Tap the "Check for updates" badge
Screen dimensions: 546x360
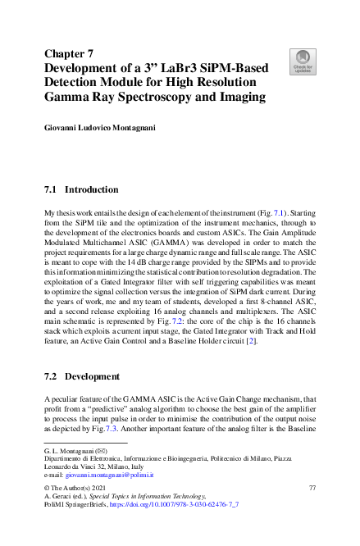(302, 60)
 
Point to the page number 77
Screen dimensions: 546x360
(312, 488)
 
